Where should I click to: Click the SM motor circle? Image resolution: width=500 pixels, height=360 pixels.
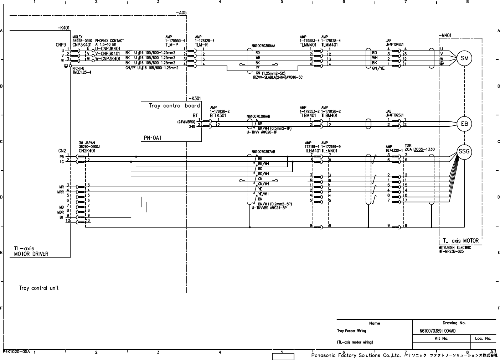[464, 58]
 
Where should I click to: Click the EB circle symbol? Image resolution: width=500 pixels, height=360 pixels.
[464, 124]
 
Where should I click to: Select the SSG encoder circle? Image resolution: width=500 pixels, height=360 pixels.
[464, 152]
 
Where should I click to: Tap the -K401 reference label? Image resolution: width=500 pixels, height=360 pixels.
[63, 27]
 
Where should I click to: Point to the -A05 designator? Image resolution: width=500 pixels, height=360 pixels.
[181, 13]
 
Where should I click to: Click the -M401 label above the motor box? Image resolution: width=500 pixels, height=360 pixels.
[445, 35]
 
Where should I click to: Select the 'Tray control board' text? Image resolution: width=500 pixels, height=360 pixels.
[174, 106]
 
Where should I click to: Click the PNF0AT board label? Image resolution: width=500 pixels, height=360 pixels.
[153, 138]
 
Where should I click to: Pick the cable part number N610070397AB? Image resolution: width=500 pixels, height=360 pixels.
[263, 152]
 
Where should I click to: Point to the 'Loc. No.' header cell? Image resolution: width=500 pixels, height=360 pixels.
[483, 338]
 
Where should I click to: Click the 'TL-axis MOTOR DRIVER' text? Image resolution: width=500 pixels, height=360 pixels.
[31, 251]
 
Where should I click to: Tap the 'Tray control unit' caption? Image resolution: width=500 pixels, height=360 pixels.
[39, 288]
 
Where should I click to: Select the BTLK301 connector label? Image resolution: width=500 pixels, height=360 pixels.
[218, 116]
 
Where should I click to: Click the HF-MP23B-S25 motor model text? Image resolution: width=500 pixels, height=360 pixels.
[454, 251]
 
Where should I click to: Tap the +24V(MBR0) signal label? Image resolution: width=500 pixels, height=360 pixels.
[185, 122]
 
